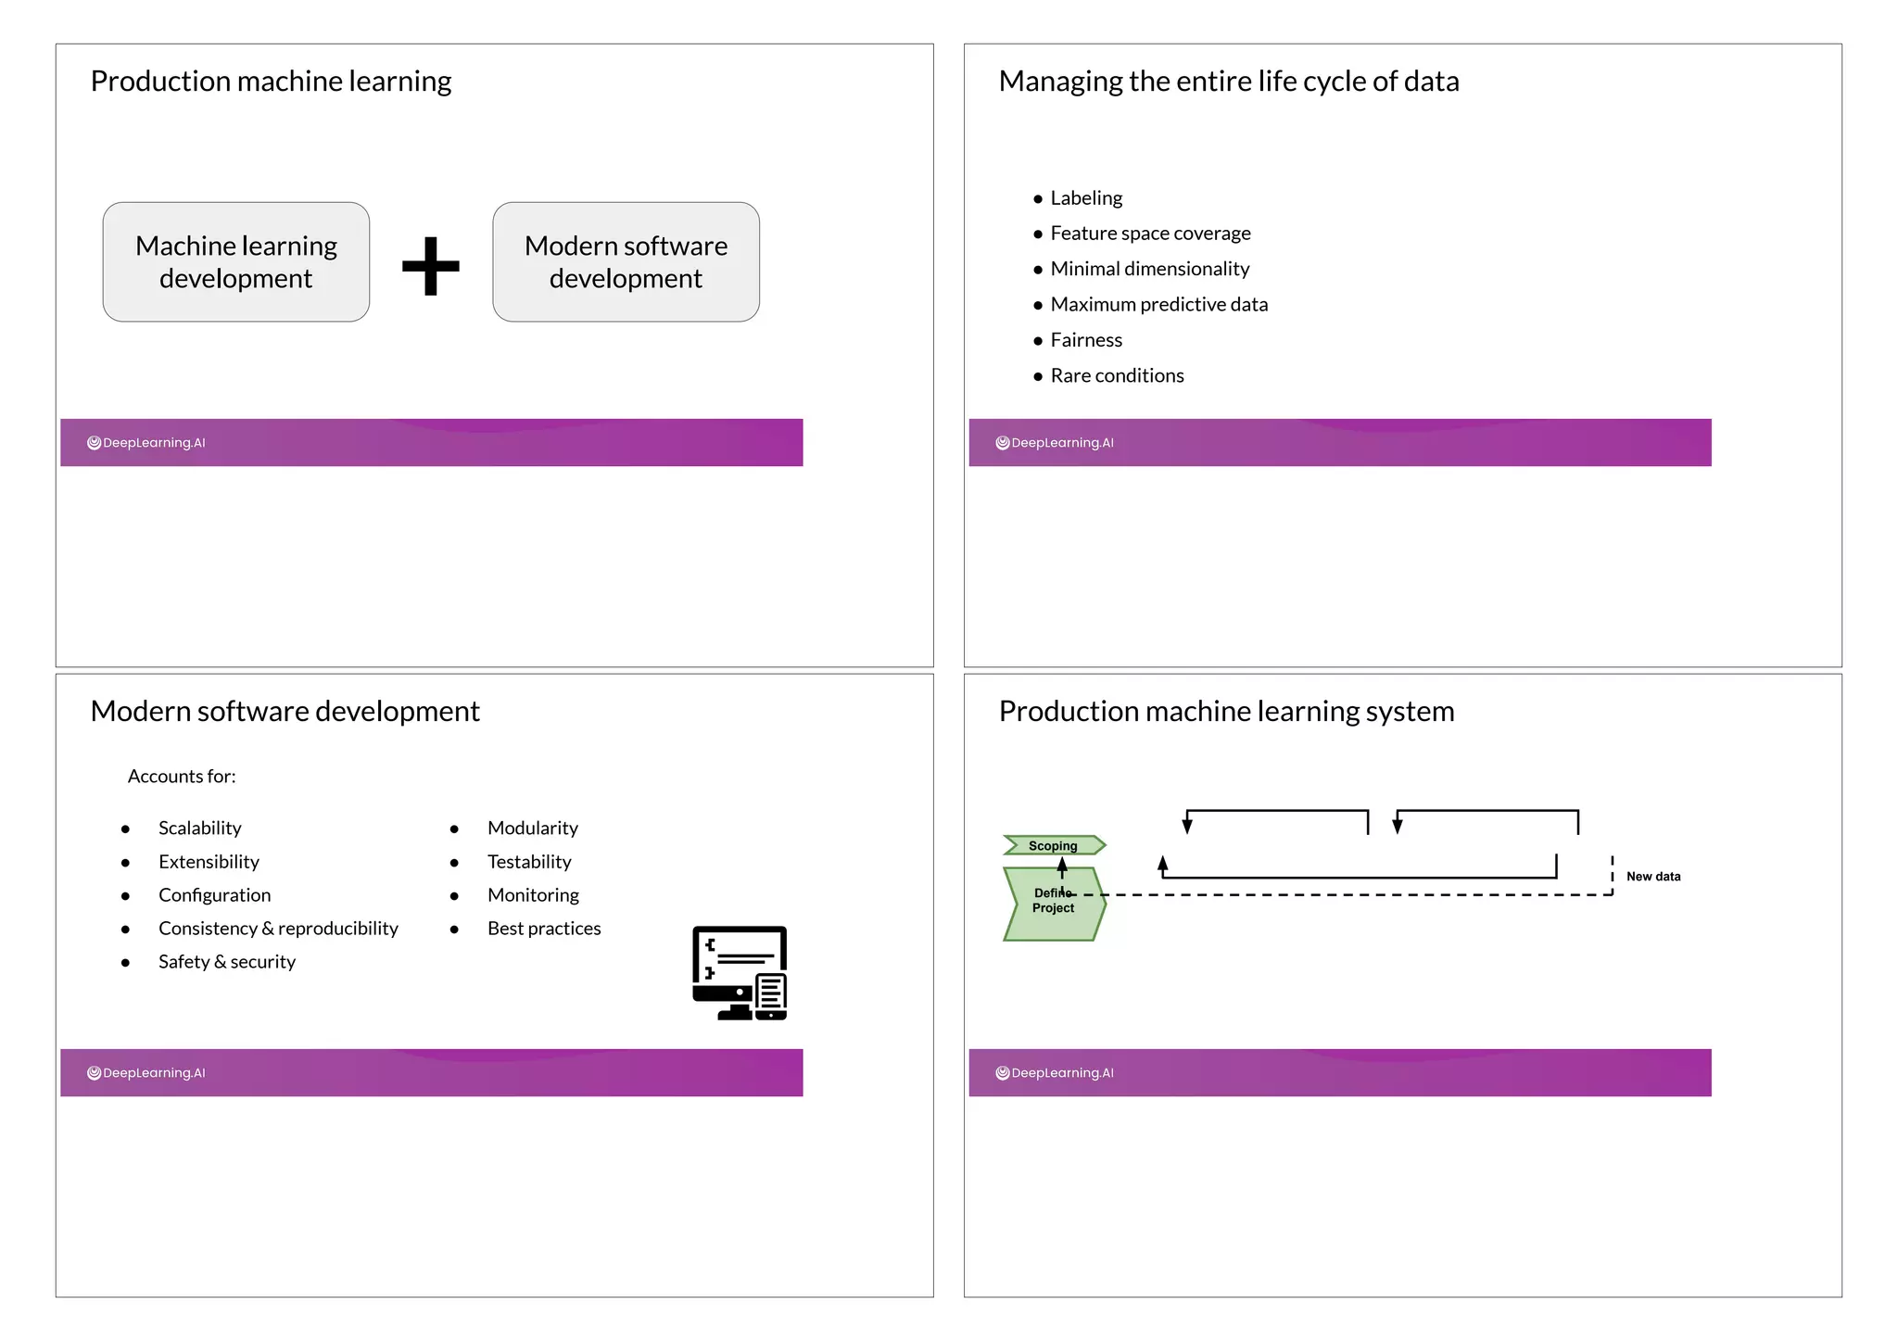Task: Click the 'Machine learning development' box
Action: pyautogui.click(x=236, y=262)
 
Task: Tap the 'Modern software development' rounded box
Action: pyautogui.click(x=626, y=262)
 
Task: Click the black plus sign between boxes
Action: pyautogui.click(x=431, y=266)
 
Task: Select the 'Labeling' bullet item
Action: pyautogui.click(x=1085, y=198)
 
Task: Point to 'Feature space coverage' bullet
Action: pyautogui.click(x=1149, y=234)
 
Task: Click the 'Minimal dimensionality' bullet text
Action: pyautogui.click(x=1149, y=269)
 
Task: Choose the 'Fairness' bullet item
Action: pyautogui.click(x=1085, y=340)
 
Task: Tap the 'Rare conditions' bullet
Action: pyautogui.click(x=1116, y=375)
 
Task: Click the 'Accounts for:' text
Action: pyautogui.click(x=182, y=777)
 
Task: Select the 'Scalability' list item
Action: pyautogui.click(x=199, y=829)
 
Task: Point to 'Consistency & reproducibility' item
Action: pyautogui.click(x=278, y=929)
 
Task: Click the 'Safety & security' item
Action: pyautogui.click(x=226, y=962)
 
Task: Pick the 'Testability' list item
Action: pyautogui.click(x=529, y=862)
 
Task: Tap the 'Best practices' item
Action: pyautogui.click(x=544, y=929)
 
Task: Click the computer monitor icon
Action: pyautogui.click(x=740, y=973)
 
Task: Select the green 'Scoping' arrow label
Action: pyautogui.click(x=1054, y=845)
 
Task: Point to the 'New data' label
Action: pyautogui.click(x=1652, y=877)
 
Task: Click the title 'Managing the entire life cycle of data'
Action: pyautogui.click(x=1228, y=82)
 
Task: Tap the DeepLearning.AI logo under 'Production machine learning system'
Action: pyautogui.click(x=1055, y=1073)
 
